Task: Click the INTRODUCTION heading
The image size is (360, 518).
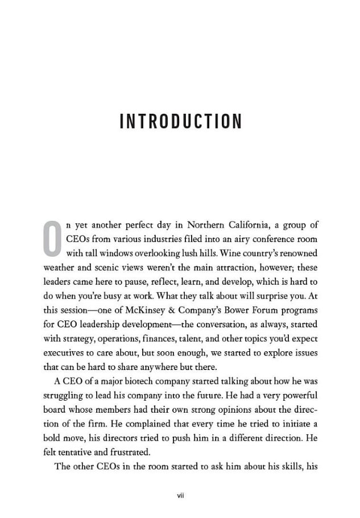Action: click(x=181, y=121)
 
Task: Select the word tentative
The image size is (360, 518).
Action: click(x=76, y=452)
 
